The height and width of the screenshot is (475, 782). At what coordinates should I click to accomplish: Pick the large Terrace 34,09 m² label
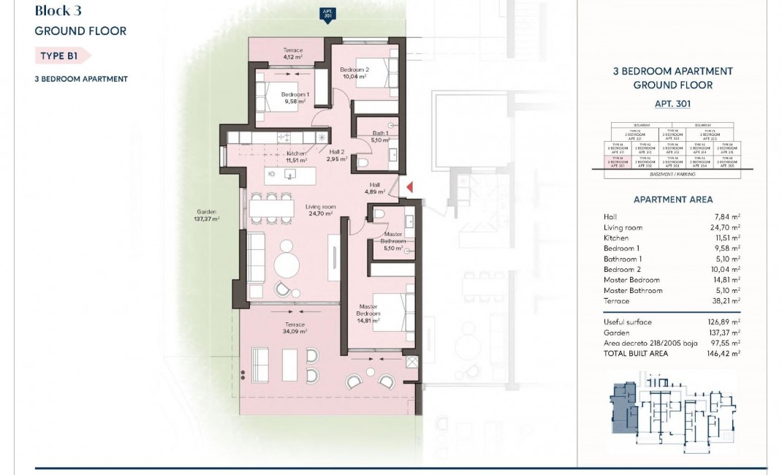point(295,327)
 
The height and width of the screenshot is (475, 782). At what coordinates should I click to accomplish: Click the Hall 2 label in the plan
point(336,155)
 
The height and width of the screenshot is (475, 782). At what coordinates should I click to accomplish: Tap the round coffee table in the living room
point(286,263)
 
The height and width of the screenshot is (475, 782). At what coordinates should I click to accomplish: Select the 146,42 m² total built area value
point(726,352)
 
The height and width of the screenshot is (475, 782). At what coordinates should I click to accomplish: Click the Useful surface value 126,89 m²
point(726,322)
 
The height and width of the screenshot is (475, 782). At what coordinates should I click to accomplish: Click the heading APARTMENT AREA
point(672,199)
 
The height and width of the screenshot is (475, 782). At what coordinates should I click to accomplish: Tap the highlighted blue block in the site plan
point(623,409)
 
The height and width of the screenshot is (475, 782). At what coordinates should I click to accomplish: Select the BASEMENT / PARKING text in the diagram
point(672,175)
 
